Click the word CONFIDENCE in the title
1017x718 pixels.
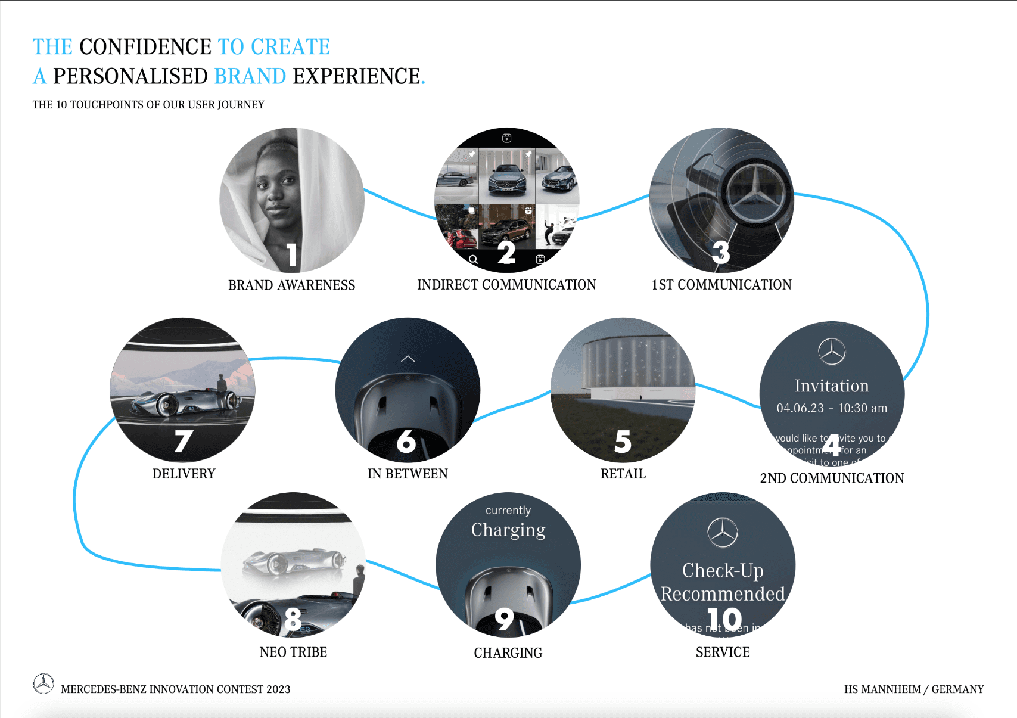(145, 46)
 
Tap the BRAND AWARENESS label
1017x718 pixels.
(291, 285)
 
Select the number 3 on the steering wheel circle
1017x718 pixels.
(721, 252)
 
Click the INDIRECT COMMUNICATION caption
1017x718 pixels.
(506, 285)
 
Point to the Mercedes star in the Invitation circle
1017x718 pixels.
(832, 352)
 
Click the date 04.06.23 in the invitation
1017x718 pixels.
(800, 408)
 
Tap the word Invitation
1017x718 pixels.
(832, 386)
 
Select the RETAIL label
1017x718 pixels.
(623, 474)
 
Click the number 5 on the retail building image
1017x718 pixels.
(623, 442)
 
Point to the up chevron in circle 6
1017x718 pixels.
(408, 359)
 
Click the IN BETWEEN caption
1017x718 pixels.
(408, 474)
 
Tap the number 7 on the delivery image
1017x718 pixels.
(183, 442)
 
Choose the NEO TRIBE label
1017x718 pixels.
(293, 652)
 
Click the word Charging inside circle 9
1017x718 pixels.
(508, 530)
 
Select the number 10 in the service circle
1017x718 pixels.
(724, 619)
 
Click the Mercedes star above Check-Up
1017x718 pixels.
(723, 533)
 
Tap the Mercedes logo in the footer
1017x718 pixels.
(43, 683)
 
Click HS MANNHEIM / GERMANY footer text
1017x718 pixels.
(913, 689)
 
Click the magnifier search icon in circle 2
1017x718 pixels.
(473, 260)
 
